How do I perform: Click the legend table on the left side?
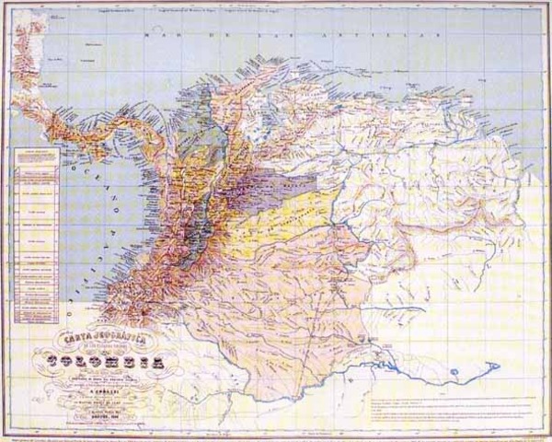pos(37,230)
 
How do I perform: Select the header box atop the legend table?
pos(37,154)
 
